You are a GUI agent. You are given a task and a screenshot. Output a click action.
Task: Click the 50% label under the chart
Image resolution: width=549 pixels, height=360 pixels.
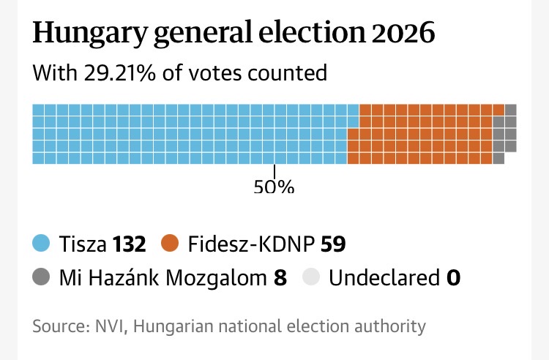[274, 187]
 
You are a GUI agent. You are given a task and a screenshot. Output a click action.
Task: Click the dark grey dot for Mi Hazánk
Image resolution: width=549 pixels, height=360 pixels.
[42, 278]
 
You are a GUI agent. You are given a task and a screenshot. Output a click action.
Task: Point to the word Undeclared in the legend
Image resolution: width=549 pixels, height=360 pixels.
[382, 278]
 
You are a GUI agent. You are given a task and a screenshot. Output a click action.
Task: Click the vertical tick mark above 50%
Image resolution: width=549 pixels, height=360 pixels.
[274, 171]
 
